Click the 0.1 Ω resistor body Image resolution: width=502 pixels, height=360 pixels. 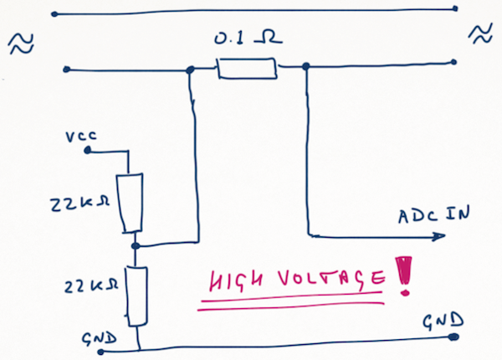pyautogui.click(x=247, y=68)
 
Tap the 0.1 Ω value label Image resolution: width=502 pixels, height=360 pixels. pyautogui.click(x=248, y=38)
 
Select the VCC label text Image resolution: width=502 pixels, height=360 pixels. pyautogui.click(x=81, y=136)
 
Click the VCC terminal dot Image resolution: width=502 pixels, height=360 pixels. pyautogui.click(x=87, y=150)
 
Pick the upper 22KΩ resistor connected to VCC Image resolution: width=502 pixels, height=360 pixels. pyautogui.click(x=130, y=203)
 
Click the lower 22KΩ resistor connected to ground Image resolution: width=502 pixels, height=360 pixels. pyautogui.click(x=136, y=296)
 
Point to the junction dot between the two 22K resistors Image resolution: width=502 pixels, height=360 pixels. pyautogui.click(x=136, y=246)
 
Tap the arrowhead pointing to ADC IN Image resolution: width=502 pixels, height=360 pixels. pyautogui.click(x=438, y=236)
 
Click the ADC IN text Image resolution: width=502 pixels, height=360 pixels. pyautogui.click(x=434, y=214)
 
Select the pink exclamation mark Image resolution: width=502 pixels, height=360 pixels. pyautogui.click(x=403, y=275)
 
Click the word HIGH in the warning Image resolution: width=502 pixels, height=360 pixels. pyautogui.click(x=236, y=281)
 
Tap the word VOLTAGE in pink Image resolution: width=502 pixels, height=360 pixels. pyautogui.click(x=331, y=280)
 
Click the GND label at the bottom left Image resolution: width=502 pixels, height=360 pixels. pyautogui.click(x=100, y=338)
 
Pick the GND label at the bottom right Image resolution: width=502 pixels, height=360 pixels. pyautogui.click(x=443, y=321)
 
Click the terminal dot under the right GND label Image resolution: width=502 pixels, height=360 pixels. pyautogui.click(x=453, y=337)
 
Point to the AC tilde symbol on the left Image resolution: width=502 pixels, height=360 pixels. pyautogui.click(x=21, y=44)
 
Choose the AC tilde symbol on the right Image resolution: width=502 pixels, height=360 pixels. pyautogui.click(x=480, y=34)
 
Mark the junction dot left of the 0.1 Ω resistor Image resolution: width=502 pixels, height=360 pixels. pyautogui.click(x=191, y=69)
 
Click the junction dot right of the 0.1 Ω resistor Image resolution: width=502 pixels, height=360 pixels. pyautogui.click(x=306, y=66)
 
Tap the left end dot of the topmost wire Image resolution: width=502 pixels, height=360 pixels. pyautogui.click(x=54, y=14)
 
